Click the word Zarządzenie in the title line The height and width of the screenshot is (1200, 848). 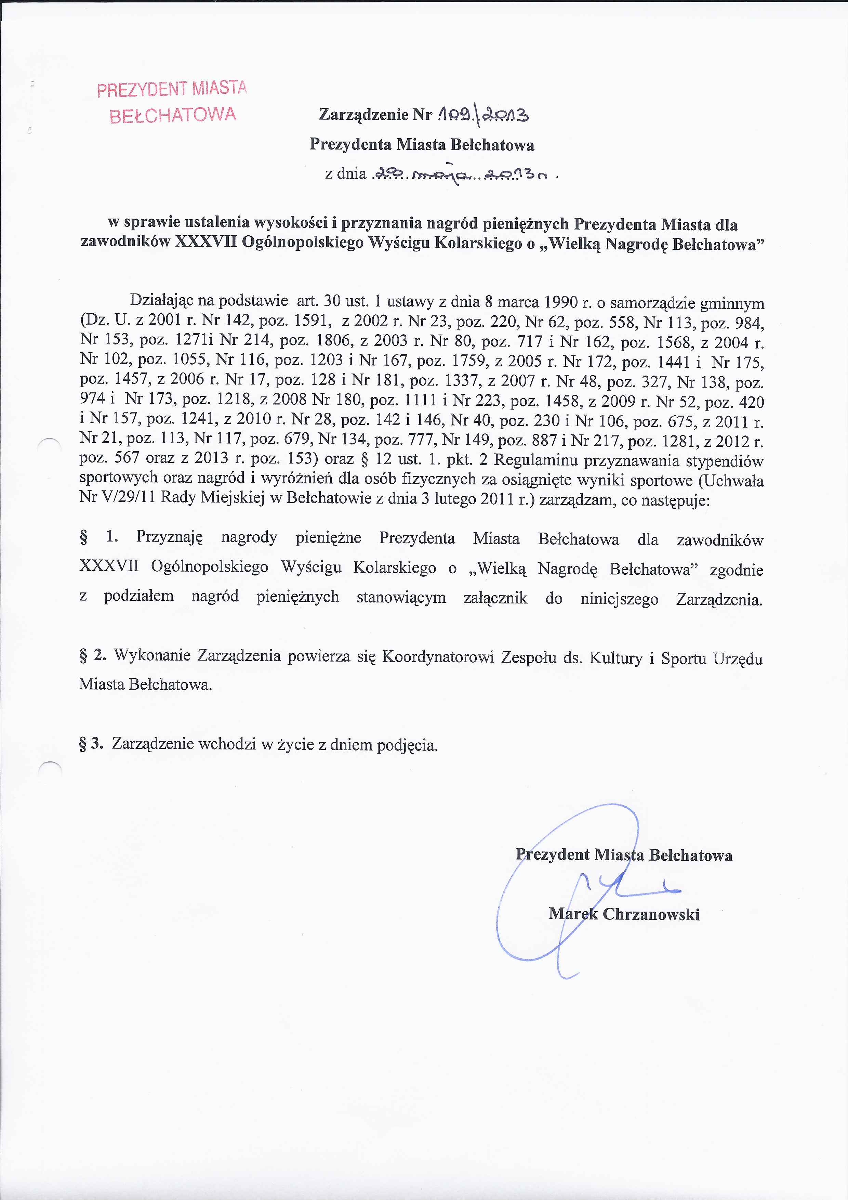click(363, 115)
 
